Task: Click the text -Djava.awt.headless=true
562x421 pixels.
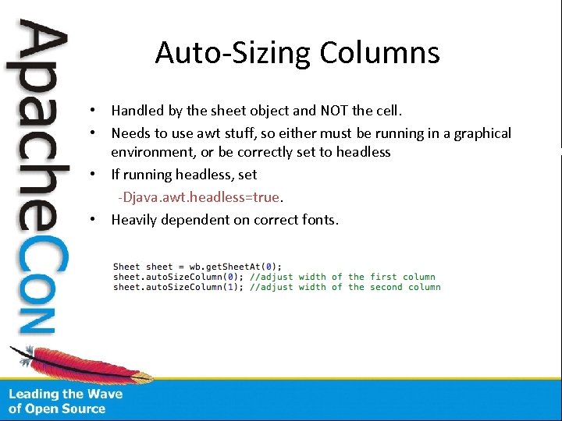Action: (198, 196)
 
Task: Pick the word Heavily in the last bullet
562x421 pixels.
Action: (135, 220)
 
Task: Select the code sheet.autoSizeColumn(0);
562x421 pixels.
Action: (179, 277)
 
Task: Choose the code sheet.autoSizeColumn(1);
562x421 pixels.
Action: (179, 287)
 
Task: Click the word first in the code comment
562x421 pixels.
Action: (383, 277)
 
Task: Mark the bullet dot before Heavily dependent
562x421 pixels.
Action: (92, 220)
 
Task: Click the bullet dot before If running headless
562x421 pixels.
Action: (92, 175)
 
